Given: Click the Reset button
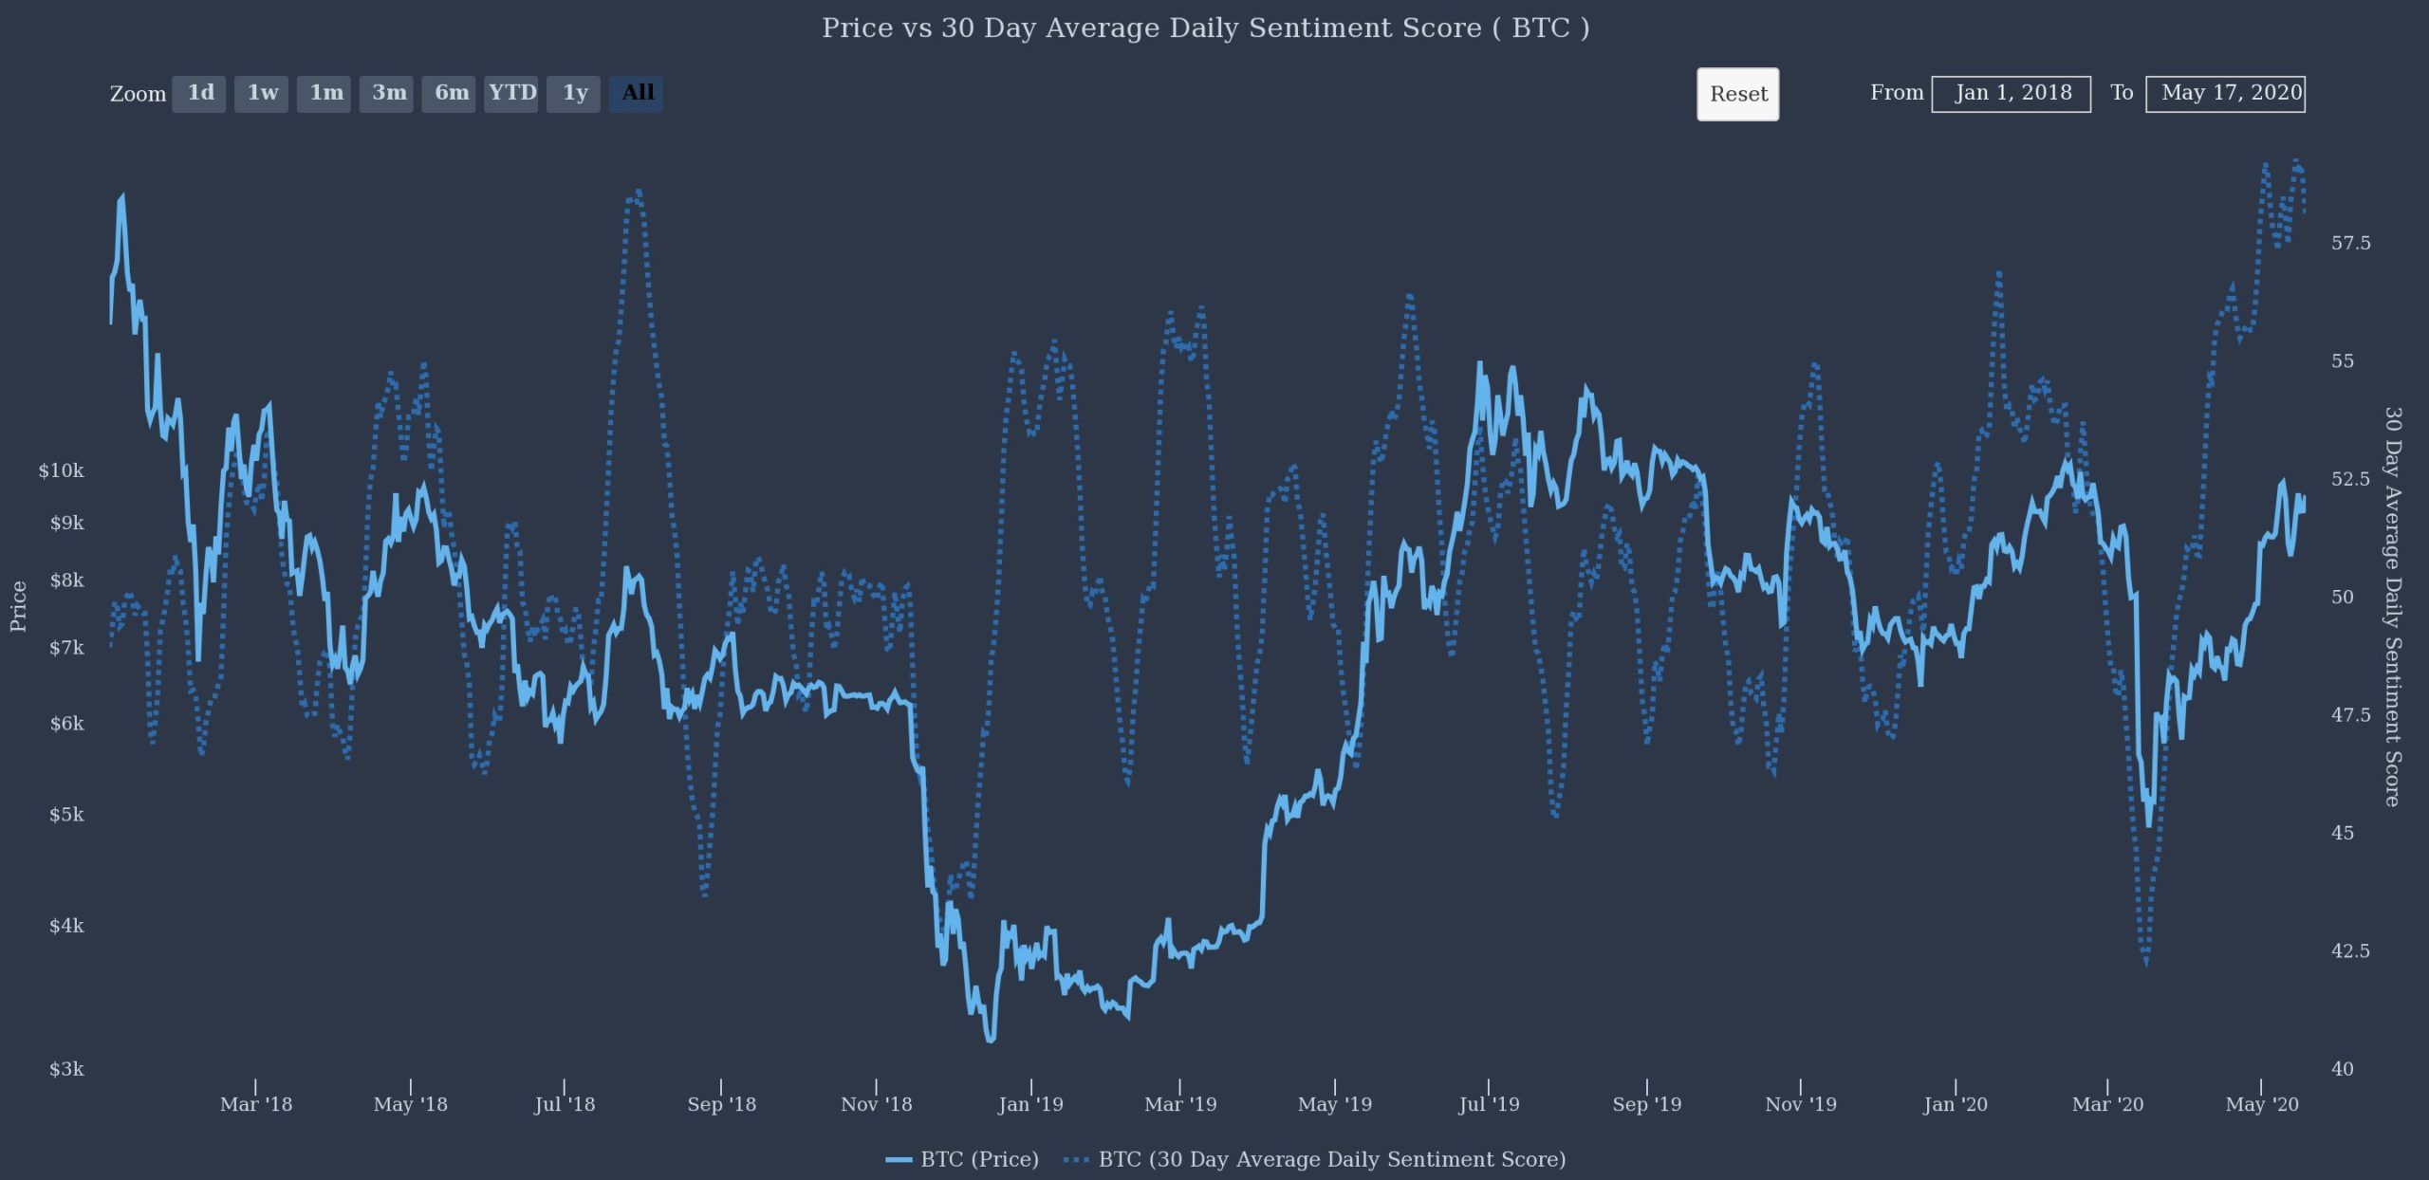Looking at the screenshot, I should point(1737,94).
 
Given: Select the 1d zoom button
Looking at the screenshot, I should point(199,93).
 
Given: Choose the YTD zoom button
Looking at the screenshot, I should point(511,93).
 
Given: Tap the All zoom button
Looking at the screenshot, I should point(637,93).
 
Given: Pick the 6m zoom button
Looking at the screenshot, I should point(450,93).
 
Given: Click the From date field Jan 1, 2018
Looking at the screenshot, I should point(2011,93).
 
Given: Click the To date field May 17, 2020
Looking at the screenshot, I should point(2225,93).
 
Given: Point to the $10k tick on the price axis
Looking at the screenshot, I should point(62,470).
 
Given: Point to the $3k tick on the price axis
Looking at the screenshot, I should point(66,1069).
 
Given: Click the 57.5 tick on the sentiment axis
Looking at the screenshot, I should point(2350,243).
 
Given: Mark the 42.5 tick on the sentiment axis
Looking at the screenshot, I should point(2350,950).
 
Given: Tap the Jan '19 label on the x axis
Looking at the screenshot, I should point(1030,1104).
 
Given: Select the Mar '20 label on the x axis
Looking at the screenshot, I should point(2107,1104).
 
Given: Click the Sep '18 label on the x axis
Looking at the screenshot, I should point(721,1104).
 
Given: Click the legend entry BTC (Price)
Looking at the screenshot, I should point(977,1159).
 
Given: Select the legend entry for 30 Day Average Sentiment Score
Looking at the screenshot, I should point(1330,1159).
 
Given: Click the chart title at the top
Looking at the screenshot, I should point(1205,28).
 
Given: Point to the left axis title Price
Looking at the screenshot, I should point(18,607).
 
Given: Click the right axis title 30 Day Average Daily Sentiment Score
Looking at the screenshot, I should point(2392,607).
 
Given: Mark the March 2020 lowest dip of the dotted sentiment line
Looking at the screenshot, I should point(2146,962).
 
